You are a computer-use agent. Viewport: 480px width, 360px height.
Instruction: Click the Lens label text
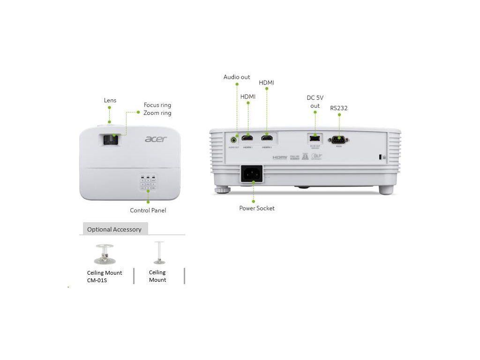click(x=110, y=100)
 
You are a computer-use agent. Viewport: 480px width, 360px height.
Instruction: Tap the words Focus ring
click(x=157, y=105)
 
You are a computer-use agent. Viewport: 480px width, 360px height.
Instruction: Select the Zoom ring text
click(x=157, y=113)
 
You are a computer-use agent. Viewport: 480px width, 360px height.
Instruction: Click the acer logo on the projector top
click(x=156, y=139)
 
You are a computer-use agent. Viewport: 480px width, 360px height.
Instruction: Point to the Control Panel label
click(x=148, y=210)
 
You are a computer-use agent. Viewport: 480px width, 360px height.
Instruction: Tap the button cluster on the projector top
click(x=148, y=184)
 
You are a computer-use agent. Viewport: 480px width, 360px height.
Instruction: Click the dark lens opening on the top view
click(x=111, y=140)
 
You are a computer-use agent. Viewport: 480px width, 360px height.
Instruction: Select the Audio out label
click(x=237, y=77)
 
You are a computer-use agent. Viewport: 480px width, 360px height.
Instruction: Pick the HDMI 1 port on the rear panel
click(x=247, y=139)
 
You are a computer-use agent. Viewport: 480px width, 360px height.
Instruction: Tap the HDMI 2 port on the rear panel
click(x=267, y=139)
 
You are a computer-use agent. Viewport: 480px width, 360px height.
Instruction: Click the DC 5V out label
click(x=315, y=102)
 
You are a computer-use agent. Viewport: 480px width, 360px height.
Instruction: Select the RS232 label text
click(x=338, y=108)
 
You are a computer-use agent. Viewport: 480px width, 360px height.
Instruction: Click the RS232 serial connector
click(x=338, y=139)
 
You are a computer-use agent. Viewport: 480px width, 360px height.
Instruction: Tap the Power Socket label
click(x=257, y=208)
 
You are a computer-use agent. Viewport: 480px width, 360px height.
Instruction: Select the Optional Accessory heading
click(x=114, y=229)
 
